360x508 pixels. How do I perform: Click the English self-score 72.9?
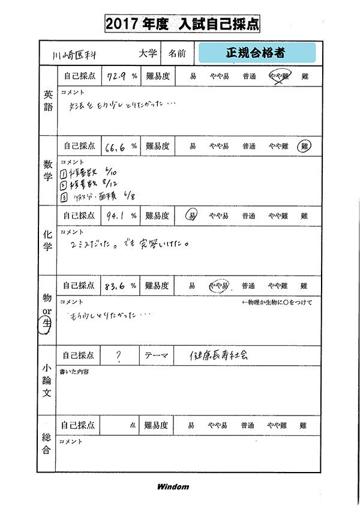[x=116, y=76]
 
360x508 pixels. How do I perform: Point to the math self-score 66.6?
[x=116, y=146]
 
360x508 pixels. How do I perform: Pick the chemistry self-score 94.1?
[x=115, y=216]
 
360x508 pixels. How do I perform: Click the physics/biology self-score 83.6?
[x=115, y=286]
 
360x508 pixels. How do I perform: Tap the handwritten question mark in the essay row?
[x=119, y=356]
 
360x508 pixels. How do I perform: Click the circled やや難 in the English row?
[x=278, y=76]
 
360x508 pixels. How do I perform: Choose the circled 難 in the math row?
[x=305, y=146]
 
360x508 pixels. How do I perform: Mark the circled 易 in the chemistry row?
[x=192, y=216]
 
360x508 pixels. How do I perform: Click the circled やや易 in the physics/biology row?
[x=218, y=286]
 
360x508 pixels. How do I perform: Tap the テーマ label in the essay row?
[x=157, y=355]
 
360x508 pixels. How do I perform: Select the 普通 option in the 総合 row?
[x=247, y=426]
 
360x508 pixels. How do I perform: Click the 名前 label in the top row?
[x=177, y=53]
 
